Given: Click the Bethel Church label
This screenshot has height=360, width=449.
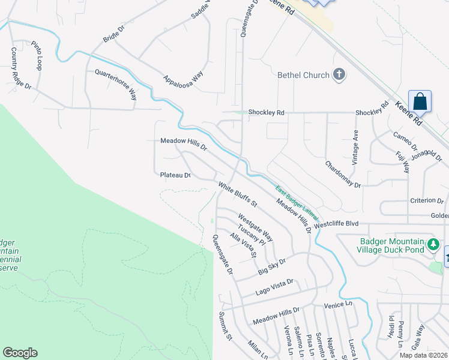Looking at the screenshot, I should [303, 75].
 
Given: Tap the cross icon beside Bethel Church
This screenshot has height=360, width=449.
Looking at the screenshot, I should [339, 75].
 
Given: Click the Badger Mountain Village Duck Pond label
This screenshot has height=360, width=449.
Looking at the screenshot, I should [391, 246].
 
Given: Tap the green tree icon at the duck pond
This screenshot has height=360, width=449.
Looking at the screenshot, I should [433, 245].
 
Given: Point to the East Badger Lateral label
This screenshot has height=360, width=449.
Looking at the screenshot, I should [297, 203].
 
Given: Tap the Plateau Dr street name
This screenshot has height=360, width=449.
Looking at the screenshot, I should [175, 175].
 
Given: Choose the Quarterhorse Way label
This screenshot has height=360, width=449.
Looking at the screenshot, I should [116, 84].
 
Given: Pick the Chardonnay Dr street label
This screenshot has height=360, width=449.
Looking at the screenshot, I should [343, 174].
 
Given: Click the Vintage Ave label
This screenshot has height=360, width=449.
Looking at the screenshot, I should [355, 147].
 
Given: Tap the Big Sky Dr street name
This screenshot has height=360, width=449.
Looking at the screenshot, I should [273, 262].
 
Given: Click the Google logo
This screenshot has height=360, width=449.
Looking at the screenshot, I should [20, 353].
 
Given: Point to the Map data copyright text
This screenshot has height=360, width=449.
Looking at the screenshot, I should [423, 355].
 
